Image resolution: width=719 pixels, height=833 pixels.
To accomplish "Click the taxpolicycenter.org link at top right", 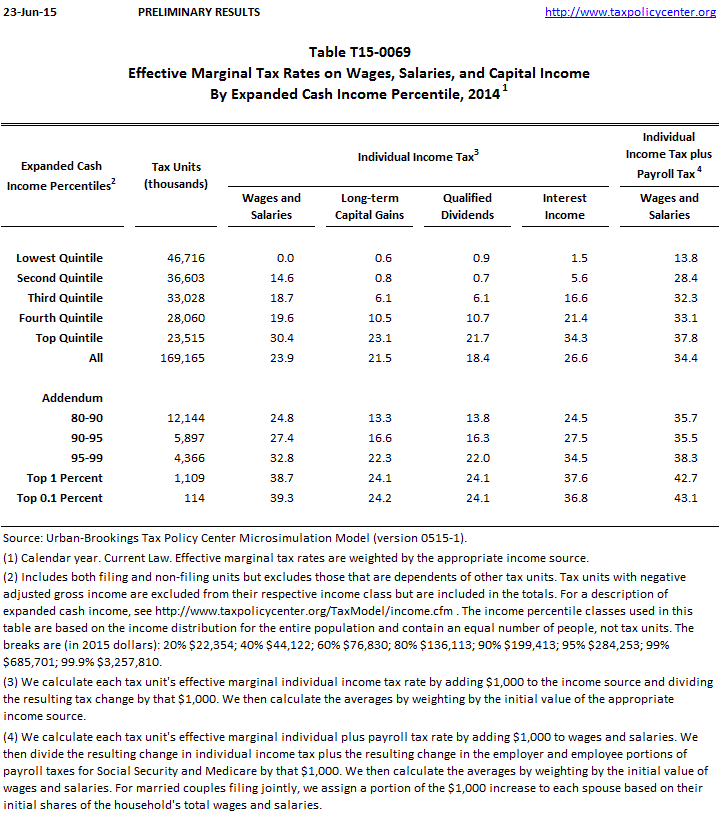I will (x=630, y=12).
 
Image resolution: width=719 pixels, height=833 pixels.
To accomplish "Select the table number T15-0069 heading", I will (x=359, y=52).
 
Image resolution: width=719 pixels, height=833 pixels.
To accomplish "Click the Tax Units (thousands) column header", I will (x=176, y=175).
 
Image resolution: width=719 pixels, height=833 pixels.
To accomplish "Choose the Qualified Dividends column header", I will (x=468, y=206).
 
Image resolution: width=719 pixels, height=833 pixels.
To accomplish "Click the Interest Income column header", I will (x=565, y=206).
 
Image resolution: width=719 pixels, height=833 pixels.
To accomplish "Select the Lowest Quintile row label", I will (x=59, y=258).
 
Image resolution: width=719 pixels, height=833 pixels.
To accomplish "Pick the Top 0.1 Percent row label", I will (x=59, y=497).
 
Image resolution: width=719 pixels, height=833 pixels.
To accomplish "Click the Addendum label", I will (x=72, y=397).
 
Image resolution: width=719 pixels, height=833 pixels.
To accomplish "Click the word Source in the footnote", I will (x=24, y=539).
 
